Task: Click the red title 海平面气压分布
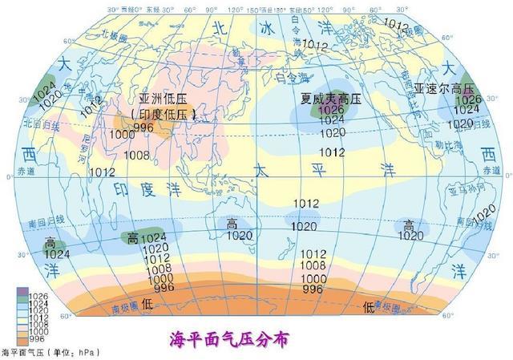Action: coord(229,340)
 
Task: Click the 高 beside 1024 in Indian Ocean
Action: coord(132,238)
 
